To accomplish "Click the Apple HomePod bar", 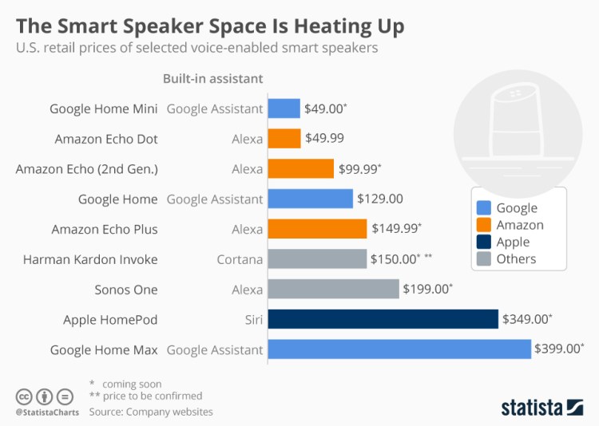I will coord(383,319).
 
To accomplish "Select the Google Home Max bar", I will coord(399,349).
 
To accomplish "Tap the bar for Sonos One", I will coord(333,289).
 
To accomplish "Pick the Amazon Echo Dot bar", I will coord(284,139).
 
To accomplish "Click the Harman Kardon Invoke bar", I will coord(317,259).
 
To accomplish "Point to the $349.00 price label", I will coord(526,319).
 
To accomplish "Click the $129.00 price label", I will coord(379,199).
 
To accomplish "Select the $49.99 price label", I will coord(324,139).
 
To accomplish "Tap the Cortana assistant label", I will coord(240,259).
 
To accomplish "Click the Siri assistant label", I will coord(252,319).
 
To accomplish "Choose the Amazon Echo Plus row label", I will coord(105,229).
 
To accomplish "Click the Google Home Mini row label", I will coord(103,108).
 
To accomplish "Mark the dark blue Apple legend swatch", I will coord(482,242).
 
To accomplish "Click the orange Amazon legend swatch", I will coord(482,225).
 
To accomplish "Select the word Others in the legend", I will coord(516,258).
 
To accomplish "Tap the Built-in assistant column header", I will coord(212,78).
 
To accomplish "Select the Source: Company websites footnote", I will coord(150,412).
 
